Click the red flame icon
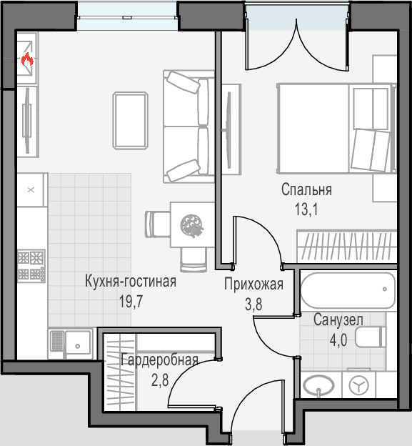[28, 59]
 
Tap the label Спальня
[306, 189]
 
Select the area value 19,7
[131, 302]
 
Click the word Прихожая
[253, 284]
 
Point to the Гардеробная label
[159, 360]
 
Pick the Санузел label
[338, 320]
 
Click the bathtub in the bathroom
[348, 290]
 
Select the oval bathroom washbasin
[318, 385]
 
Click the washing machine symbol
[358, 385]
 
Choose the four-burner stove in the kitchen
[31, 266]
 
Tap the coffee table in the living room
[131, 120]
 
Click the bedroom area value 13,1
[306, 209]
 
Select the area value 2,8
[160, 380]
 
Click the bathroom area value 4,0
[338, 340]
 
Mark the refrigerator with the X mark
[31, 189]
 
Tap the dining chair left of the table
[158, 224]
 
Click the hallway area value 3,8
[253, 304]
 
